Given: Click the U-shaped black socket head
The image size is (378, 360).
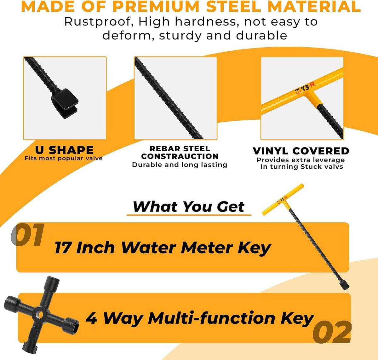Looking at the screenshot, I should [65, 103].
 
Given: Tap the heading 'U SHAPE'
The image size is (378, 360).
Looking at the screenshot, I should [64, 150].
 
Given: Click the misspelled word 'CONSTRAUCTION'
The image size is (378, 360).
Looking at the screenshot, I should [180, 156].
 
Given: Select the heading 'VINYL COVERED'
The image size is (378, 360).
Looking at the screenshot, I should [301, 151].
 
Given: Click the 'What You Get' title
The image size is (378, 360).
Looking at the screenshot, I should [188, 207].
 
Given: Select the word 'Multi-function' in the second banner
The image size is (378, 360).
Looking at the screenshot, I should [211, 318].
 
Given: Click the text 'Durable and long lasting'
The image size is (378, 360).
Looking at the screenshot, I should [180, 165].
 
